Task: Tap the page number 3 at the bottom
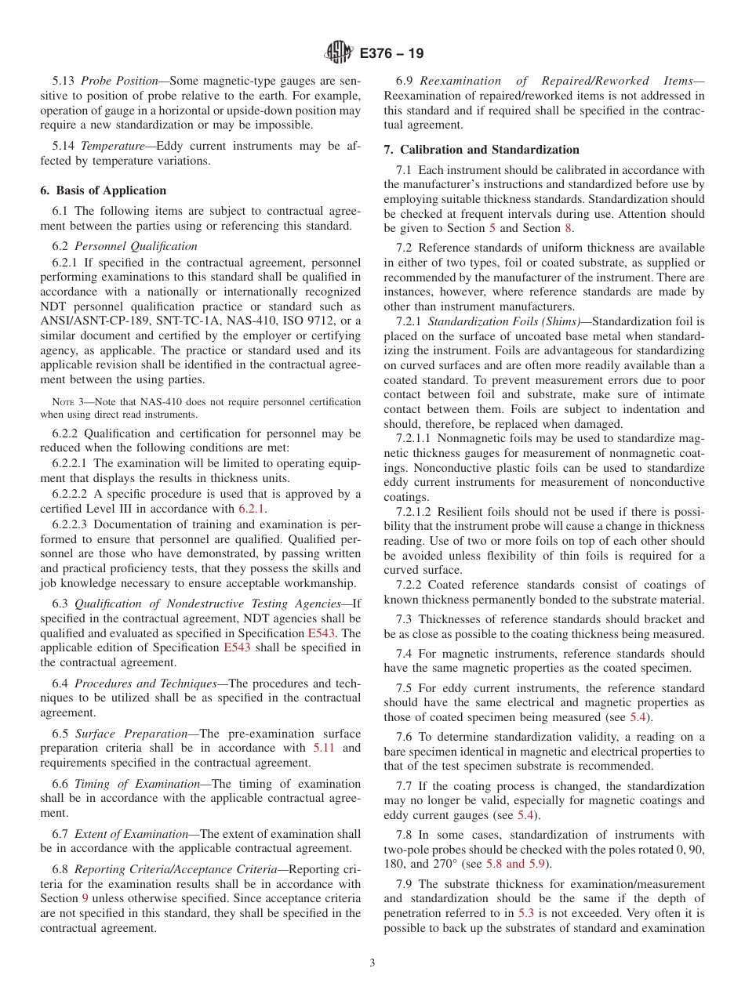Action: [x=372, y=963]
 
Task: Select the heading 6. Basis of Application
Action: [x=103, y=190]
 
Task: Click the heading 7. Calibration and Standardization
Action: [x=482, y=150]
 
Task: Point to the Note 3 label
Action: [x=59, y=402]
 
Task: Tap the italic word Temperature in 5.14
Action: [x=113, y=146]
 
